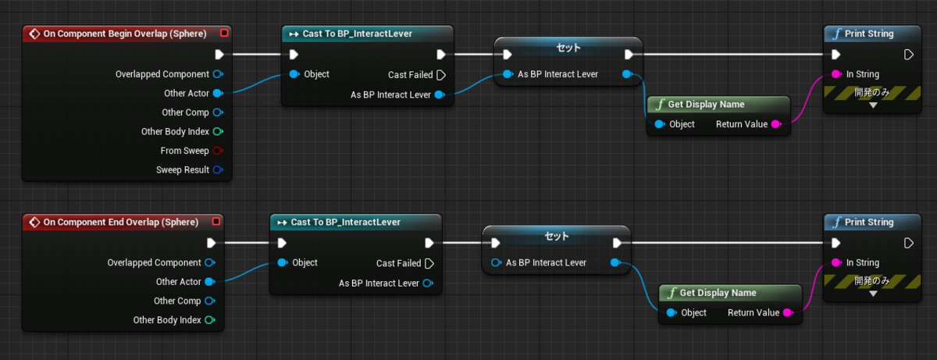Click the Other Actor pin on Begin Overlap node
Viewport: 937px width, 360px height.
click(x=218, y=93)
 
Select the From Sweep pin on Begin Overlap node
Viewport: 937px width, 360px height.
click(x=218, y=151)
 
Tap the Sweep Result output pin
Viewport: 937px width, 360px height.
click(x=218, y=169)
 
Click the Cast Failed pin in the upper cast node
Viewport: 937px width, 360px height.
click(x=441, y=75)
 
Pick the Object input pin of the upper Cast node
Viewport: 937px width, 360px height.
click(x=294, y=74)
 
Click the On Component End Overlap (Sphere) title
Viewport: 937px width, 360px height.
click(x=121, y=222)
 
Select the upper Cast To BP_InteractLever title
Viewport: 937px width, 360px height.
click(x=358, y=34)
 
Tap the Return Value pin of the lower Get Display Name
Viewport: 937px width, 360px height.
click(x=788, y=312)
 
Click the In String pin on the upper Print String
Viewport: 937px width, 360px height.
click(x=836, y=74)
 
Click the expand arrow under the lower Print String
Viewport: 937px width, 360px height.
click(x=873, y=294)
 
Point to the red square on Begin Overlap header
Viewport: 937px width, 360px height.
click(x=224, y=33)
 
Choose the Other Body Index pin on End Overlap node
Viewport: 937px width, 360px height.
click(x=210, y=320)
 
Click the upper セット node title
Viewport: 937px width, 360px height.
click(x=568, y=48)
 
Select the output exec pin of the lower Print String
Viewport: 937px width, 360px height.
click(x=908, y=243)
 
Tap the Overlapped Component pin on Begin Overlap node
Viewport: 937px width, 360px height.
click(x=218, y=74)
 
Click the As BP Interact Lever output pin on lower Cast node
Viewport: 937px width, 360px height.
click(x=428, y=283)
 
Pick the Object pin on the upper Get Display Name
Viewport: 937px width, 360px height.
click(x=660, y=123)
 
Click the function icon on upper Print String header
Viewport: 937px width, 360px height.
click(x=836, y=34)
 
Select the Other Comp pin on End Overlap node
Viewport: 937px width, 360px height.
click(x=210, y=301)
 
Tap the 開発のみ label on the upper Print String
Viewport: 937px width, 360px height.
click(x=871, y=92)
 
